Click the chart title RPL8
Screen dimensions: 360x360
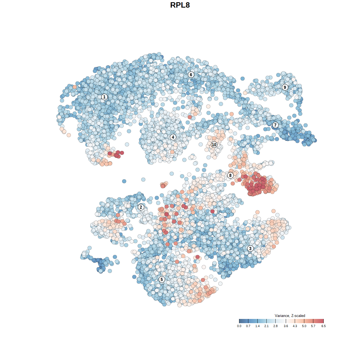(x=180, y=5)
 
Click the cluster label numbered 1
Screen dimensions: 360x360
(x=104, y=97)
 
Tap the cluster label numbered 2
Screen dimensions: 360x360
(x=141, y=207)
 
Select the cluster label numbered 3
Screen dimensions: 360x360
(x=250, y=248)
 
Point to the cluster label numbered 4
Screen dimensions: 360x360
(x=173, y=137)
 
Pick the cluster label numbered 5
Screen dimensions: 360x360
(x=162, y=279)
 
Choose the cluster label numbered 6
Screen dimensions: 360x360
(x=191, y=75)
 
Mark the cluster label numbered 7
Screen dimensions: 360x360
(x=275, y=125)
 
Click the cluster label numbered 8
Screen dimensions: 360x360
(x=230, y=175)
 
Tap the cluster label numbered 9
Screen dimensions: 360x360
(x=285, y=87)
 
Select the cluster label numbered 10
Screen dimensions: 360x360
(x=214, y=145)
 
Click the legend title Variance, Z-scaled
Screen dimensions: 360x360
(x=290, y=316)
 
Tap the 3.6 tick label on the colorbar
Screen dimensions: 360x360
(x=286, y=326)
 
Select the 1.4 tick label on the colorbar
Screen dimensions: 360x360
(x=257, y=326)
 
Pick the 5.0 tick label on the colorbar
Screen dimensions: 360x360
(x=304, y=326)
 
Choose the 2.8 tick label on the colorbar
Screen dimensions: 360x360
(x=275, y=326)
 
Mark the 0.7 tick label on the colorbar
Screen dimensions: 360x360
(x=248, y=326)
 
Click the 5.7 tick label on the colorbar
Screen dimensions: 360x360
(x=313, y=326)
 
